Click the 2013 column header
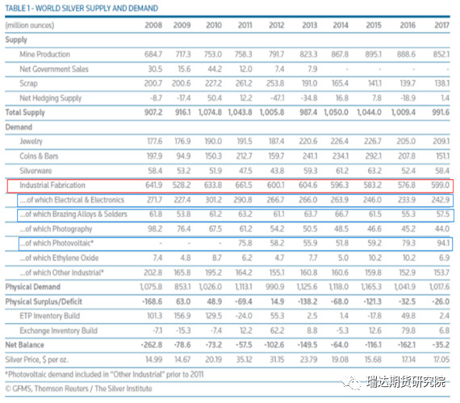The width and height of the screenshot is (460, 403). coord(310,25)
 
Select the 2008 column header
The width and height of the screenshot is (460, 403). coord(153,25)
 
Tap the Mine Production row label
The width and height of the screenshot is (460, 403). coord(44,54)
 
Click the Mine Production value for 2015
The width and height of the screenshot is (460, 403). coord(373,54)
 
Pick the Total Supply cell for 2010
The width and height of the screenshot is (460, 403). coord(210,112)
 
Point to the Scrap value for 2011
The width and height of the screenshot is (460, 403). coord(244,83)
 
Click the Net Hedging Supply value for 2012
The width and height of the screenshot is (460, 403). coord(277,98)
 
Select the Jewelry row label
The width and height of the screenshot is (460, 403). coord(31,141)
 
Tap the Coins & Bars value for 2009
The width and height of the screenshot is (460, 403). coord(182,156)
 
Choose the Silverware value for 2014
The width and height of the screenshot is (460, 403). coord(342,171)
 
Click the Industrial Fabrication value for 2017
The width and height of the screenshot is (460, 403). coord(440,185)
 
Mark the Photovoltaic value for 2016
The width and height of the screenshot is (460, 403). coord(408,243)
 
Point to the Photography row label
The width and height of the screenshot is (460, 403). coord(56,229)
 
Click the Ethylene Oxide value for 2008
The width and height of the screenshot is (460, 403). coord(157,258)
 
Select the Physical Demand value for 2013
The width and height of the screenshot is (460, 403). coord(307,287)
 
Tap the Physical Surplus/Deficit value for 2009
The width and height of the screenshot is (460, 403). coord(183,301)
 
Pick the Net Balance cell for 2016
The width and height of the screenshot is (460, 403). coord(406,345)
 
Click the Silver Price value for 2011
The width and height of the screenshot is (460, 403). coord(244,359)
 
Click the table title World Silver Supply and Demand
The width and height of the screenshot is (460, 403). coord(82,8)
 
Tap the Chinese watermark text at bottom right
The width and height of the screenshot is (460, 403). coord(406,382)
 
